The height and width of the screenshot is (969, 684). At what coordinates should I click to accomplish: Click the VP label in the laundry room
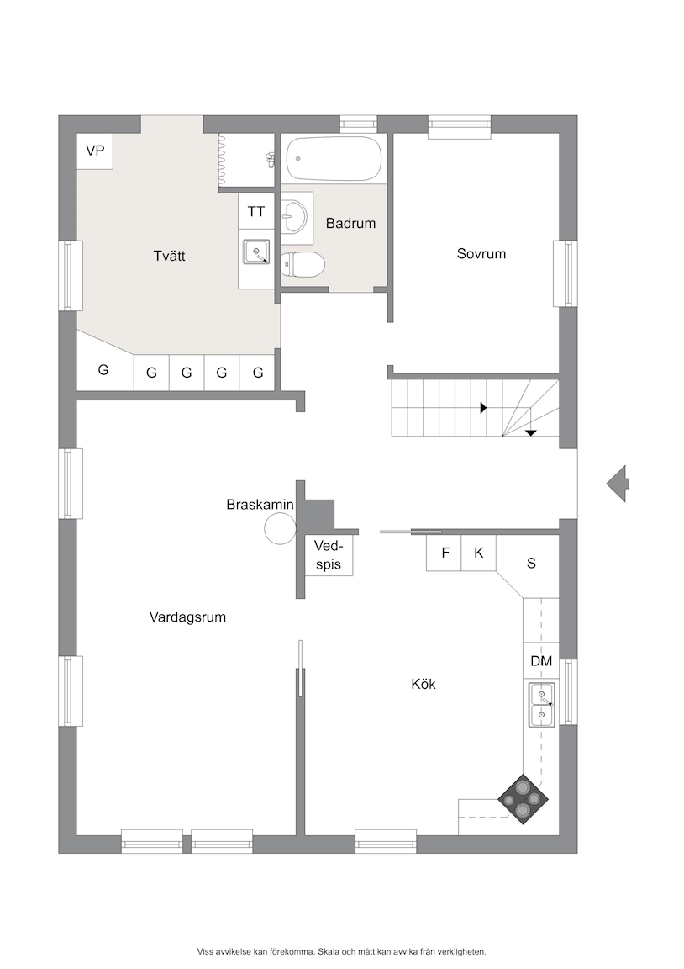point(95,151)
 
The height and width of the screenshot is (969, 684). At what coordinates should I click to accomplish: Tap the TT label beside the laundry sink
point(256,211)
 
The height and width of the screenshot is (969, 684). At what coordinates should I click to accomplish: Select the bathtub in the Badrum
point(334,159)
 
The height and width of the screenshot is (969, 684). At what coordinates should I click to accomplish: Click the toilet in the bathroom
point(303,265)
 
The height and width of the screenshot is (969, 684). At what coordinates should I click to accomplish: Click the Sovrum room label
point(481,253)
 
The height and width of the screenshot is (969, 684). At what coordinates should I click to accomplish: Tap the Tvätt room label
point(169,255)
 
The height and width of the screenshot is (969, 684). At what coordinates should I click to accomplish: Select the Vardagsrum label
point(187,617)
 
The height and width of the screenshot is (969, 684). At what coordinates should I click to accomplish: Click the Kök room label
point(424,684)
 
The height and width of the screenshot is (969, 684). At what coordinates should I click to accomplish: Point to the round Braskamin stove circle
point(281,529)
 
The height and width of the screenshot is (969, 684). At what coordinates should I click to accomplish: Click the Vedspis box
point(328,555)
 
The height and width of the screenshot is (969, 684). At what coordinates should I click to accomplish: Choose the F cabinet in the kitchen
point(444,553)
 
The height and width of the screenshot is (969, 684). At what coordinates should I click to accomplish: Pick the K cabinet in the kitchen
point(479,553)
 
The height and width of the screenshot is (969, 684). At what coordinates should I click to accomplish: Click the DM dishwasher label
point(541,661)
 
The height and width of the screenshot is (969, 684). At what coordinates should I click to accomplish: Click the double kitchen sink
point(541,705)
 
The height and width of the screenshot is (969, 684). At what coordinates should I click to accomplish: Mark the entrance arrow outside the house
point(617,484)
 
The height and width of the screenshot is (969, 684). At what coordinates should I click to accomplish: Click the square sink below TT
point(256,252)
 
